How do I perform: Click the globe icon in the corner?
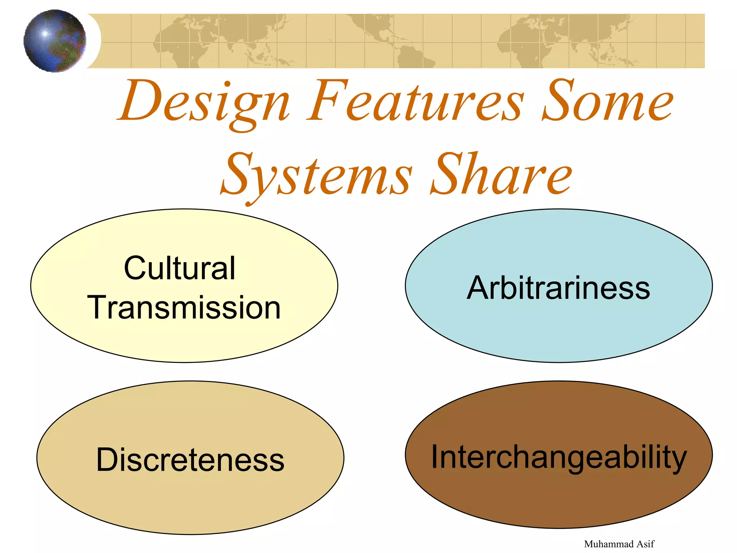(x=55, y=41)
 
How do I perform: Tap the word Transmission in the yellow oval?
(x=184, y=307)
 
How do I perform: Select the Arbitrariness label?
(x=558, y=288)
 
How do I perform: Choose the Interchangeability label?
(x=559, y=457)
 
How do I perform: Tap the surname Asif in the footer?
(x=645, y=544)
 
